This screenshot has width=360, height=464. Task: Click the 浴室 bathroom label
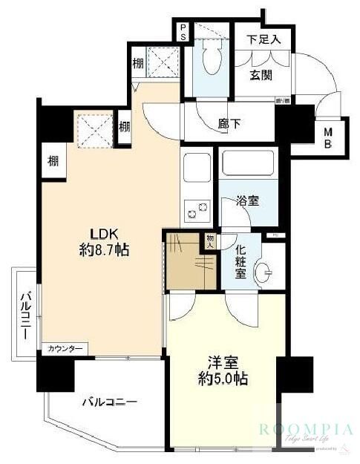[247, 200]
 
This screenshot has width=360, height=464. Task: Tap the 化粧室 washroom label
[240, 264]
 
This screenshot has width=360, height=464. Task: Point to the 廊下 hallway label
[228, 124]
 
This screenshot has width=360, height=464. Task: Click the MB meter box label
[327, 137]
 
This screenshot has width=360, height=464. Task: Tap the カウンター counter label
[65, 348]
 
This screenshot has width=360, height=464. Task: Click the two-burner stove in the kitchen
[196, 211]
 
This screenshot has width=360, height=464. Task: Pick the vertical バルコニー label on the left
[25, 315]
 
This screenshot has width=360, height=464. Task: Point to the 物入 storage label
[210, 241]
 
